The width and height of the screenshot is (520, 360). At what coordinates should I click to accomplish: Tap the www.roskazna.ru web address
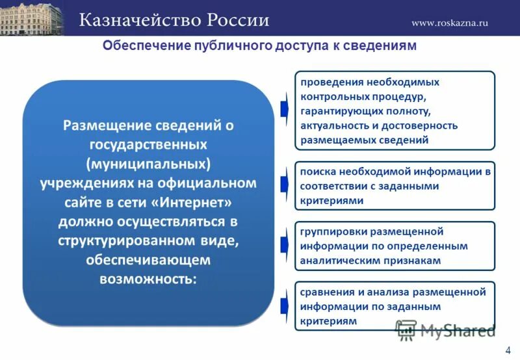pyautogui.click(x=449, y=23)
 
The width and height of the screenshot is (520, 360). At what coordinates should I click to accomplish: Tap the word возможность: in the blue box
pyautogui.click(x=148, y=278)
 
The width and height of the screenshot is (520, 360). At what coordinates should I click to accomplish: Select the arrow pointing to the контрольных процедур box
pyautogui.click(x=284, y=109)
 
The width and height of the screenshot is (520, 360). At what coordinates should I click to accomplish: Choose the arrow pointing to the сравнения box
pyautogui.click(x=284, y=305)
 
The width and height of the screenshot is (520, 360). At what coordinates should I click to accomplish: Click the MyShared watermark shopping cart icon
pyautogui.click(x=406, y=330)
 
